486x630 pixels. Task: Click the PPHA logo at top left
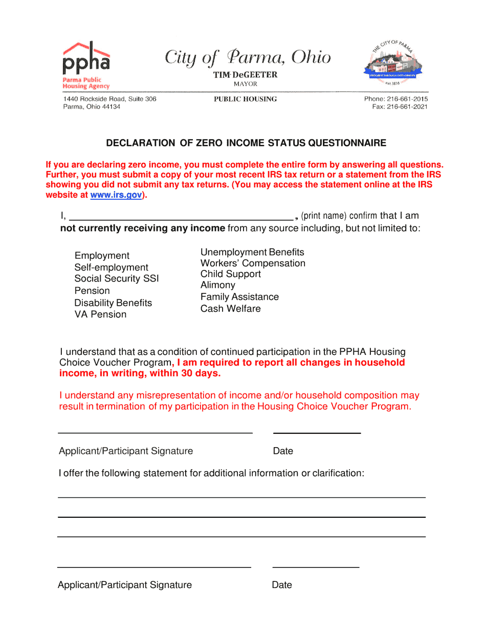pos(86,65)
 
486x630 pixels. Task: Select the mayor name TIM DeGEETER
pos(245,75)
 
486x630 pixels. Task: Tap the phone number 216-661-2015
pos(407,99)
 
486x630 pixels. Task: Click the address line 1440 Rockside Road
pos(109,99)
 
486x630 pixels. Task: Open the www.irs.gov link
pos(116,195)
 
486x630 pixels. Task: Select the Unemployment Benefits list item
pos(252,252)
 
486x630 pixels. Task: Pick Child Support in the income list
pos(230,274)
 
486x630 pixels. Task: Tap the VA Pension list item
pos(100,314)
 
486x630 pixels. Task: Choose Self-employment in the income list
pos(111,267)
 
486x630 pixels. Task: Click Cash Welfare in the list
pos(230,309)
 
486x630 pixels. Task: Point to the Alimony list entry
pos(218,285)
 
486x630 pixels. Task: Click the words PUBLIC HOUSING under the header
pos(245,99)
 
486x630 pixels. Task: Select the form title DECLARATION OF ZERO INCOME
pos(246,143)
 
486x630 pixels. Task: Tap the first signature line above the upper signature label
pos(155,433)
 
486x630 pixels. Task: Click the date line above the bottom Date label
pos(316,567)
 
